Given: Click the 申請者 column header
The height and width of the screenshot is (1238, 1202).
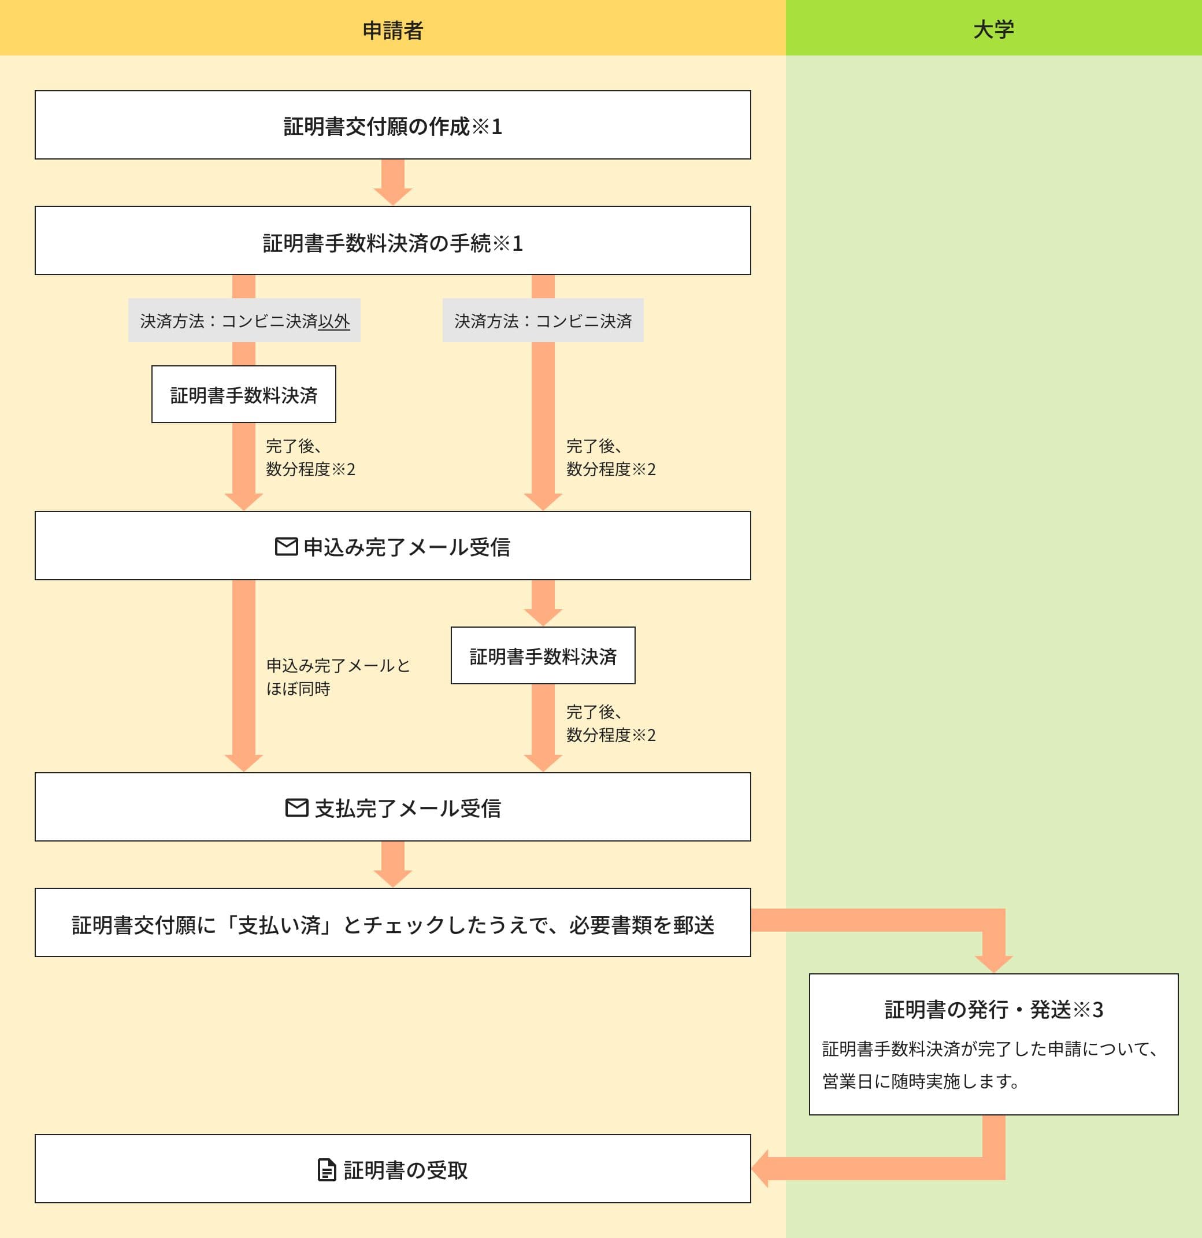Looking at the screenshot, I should [x=392, y=29].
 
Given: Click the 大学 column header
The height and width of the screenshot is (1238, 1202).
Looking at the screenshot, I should [x=993, y=29].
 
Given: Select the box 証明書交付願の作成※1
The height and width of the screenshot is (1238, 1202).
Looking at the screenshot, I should [x=392, y=125].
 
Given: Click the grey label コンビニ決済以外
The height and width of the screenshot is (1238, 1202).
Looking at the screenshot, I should [x=244, y=321].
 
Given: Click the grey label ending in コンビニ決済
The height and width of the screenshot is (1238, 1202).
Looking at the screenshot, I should [x=543, y=321].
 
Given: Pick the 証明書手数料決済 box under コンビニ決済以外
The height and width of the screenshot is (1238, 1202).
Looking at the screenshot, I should [x=244, y=395].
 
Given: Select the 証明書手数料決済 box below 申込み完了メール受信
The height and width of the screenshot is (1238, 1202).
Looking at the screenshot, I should [x=543, y=655].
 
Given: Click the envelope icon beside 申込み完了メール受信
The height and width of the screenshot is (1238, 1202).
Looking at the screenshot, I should [x=286, y=546].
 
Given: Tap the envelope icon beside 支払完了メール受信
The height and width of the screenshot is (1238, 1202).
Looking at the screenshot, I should [x=297, y=807].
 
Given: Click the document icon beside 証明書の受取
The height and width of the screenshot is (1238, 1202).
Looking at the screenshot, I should [x=327, y=1170].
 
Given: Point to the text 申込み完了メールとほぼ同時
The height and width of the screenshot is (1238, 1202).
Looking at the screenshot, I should [x=338, y=676].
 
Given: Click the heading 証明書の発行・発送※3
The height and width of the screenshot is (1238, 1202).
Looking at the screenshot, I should [x=993, y=1009].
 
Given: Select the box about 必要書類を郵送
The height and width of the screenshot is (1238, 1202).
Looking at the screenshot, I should [x=392, y=924].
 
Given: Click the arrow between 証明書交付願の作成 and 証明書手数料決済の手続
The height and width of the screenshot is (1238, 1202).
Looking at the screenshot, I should [x=392, y=183].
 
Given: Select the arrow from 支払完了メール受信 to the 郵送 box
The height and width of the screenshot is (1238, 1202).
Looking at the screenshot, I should [x=392, y=864].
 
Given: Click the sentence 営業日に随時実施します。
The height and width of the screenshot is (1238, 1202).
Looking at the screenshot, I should [x=921, y=1081].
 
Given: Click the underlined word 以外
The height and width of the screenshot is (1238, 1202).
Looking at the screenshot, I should [x=334, y=321].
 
